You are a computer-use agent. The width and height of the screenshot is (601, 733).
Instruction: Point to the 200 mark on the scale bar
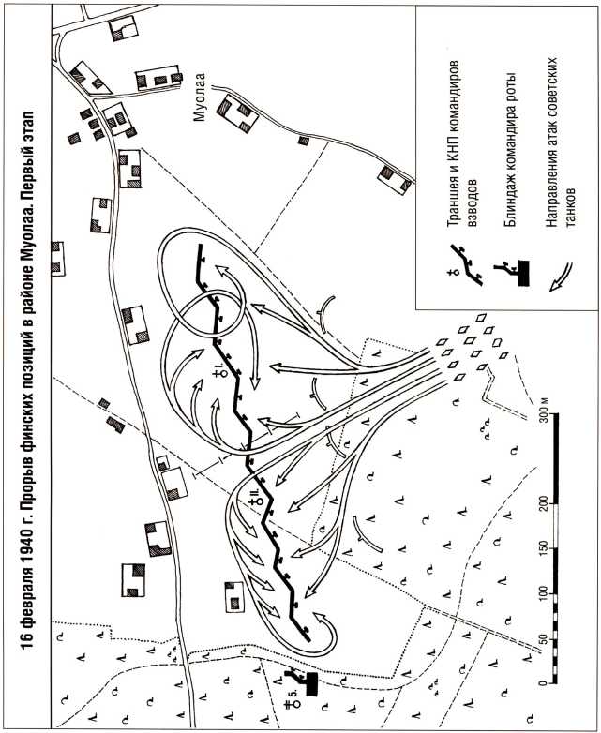(544, 503)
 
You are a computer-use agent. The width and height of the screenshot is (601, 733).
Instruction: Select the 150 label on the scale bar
(544, 548)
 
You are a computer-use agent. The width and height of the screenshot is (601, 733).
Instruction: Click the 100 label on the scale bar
(544, 593)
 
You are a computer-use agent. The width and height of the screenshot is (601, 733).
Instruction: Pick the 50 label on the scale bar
(544, 638)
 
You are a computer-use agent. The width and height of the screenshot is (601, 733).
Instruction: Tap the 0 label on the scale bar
(544, 683)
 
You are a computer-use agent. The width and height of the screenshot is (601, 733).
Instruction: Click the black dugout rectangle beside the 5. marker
(311, 684)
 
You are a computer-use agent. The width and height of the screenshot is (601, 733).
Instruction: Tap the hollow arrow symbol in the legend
(561, 277)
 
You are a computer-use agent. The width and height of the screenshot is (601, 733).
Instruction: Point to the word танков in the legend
(570, 204)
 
